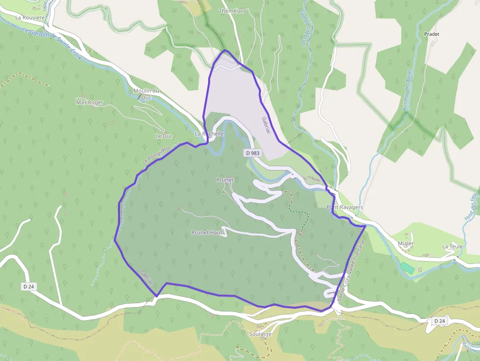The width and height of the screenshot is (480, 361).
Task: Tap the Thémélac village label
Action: coord(231,11)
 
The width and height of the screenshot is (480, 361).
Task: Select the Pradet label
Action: coord(432,34)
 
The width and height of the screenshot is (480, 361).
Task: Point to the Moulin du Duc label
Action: coord(146,94)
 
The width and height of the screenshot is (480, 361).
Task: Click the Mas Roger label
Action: coord(90,102)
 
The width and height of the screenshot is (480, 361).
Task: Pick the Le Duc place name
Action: coord(164,136)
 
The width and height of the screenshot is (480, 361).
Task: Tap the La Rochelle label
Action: coord(209,134)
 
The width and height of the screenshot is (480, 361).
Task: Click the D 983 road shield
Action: coord(253,153)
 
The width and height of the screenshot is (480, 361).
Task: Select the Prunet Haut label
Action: coord(208,232)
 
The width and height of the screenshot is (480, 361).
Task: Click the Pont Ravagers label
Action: coord(345,207)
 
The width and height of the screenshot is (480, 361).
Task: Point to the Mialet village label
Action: coord(406,243)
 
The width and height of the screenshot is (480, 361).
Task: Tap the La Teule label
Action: coord(452,246)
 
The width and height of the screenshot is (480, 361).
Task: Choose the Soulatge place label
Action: coord(260,334)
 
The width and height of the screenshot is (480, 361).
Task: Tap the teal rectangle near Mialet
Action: coord(407,268)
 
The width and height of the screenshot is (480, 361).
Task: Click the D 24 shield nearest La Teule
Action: coord(439,321)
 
